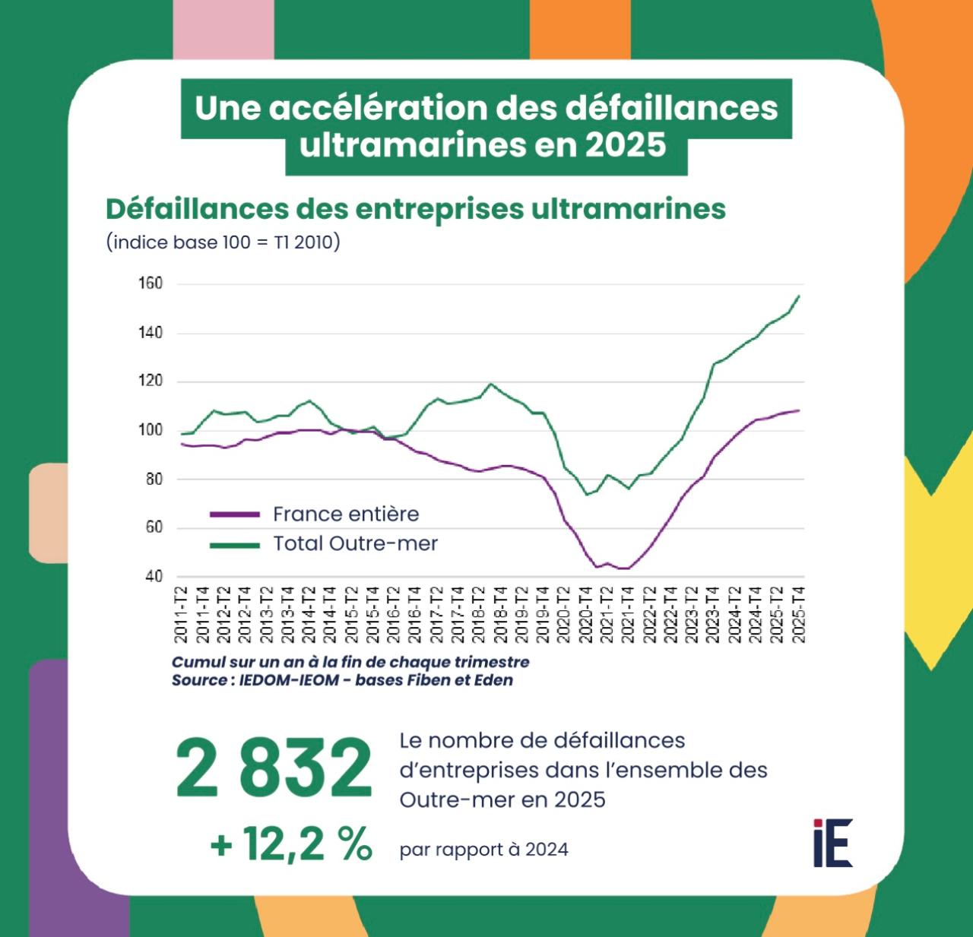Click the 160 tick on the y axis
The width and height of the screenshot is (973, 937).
pos(151,283)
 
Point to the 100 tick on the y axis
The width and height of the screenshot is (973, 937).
pos(151,430)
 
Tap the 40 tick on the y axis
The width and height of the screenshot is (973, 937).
pos(154,576)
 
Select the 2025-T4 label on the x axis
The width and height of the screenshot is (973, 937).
pos(799,615)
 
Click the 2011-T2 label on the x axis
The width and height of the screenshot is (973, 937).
pos(182,615)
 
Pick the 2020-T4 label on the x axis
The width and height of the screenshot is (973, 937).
pos(586,615)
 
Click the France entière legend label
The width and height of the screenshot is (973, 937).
pos(346,514)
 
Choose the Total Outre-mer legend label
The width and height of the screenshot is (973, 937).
pos(355,544)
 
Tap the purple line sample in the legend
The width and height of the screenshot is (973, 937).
pos(234,515)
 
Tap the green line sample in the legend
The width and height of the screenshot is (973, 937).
pos(234,545)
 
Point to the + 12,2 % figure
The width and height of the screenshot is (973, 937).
pos(291,844)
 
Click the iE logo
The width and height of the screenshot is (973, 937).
pos(832,843)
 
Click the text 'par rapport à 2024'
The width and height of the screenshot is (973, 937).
pos(483,850)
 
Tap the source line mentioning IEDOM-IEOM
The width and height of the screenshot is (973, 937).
pos(342,680)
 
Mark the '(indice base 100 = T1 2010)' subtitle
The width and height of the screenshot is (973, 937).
pos(223,242)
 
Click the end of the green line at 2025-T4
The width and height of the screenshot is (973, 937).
pos(799,296)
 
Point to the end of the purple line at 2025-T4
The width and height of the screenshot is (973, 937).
pos(799,410)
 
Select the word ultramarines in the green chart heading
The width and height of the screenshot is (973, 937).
pos(629,209)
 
